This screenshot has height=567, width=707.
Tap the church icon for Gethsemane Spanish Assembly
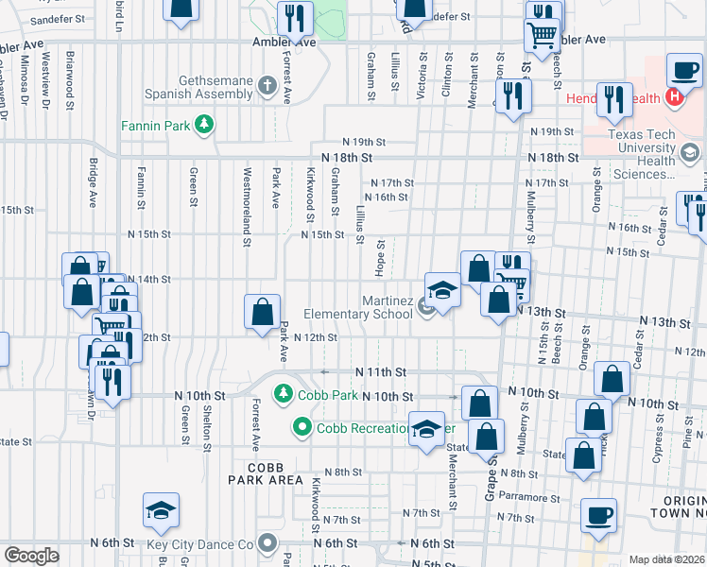coord(267,87)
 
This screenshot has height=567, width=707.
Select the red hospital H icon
coord(675,97)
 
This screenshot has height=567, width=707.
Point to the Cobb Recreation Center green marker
coord(302,427)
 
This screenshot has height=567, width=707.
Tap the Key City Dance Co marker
coord(267,543)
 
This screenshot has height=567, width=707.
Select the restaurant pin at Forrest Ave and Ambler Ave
coord(295,18)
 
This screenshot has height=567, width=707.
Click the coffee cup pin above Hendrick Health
coord(683,70)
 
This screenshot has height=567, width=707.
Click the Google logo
coord(30,556)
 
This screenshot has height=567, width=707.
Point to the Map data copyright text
coord(665,559)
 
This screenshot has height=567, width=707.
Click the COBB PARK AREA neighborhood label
coord(266,473)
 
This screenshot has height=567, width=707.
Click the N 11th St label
coord(380,372)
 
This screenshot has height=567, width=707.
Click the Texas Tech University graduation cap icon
coord(689,152)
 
